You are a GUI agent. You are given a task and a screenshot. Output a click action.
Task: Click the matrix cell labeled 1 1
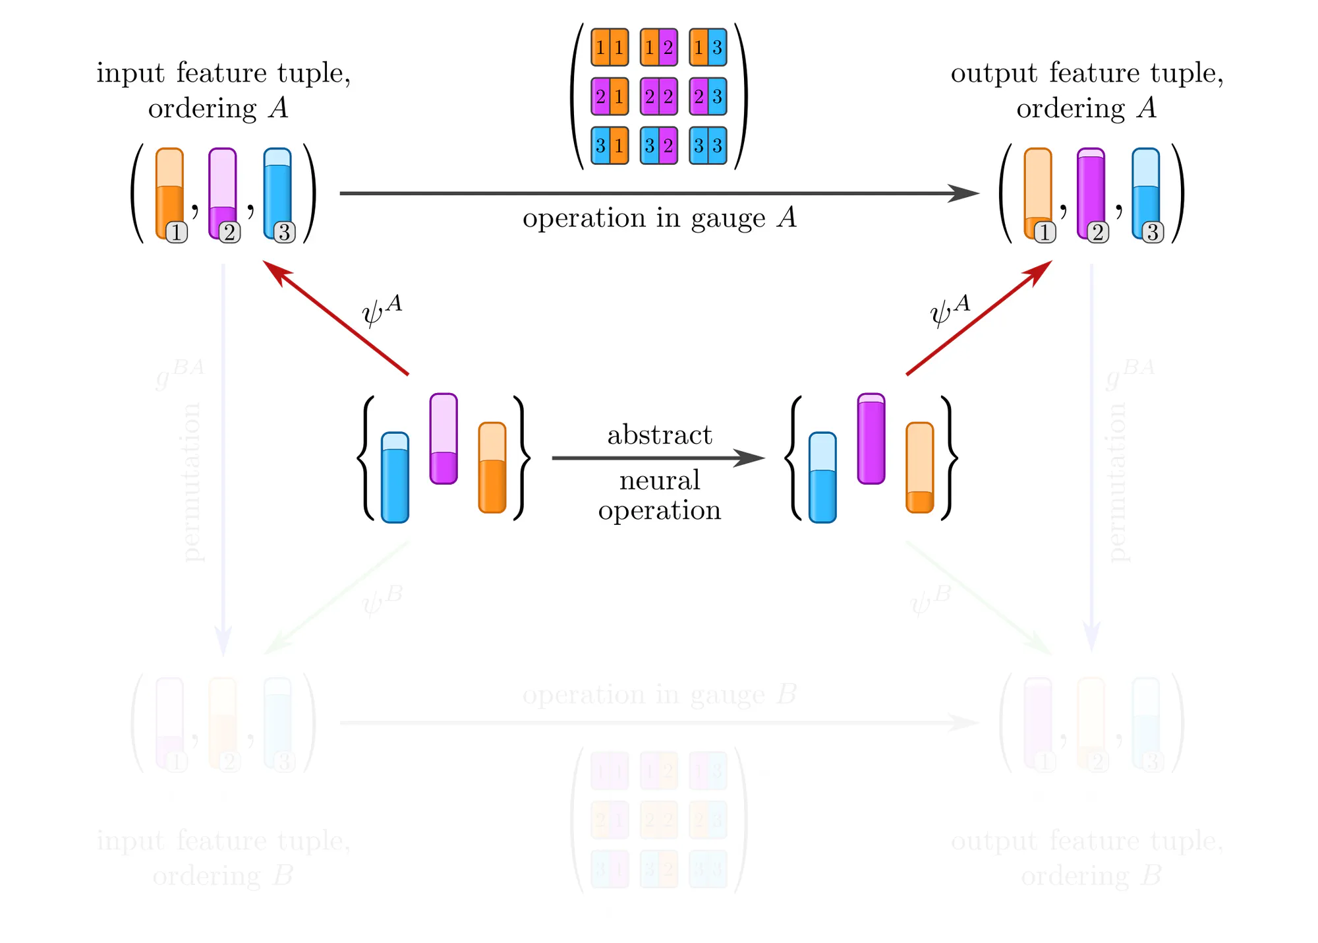(x=610, y=47)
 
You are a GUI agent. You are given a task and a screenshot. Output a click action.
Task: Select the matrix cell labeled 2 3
(x=708, y=96)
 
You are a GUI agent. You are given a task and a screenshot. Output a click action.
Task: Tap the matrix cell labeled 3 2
(x=658, y=146)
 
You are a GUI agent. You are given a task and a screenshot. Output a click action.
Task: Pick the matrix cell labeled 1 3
(x=708, y=47)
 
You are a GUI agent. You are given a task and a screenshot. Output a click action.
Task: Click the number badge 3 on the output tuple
(x=1153, y=233)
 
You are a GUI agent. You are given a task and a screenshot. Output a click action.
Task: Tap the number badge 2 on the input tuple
(x=229, y=233)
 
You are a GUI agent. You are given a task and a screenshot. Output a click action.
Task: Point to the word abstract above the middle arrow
(x=659, y=435)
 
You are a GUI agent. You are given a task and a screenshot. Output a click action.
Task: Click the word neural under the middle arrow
(x=659, y=481)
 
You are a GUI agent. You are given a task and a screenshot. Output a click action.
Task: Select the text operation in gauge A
(x=659, y=218)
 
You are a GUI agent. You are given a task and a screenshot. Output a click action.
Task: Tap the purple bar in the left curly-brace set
(x=444, y=439)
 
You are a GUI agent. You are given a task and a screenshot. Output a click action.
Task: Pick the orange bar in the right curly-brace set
(x=919, y=468)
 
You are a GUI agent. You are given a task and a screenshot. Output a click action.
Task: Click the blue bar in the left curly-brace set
(x=395, y=477)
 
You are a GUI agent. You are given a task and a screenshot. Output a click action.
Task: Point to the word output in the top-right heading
(x=994, y=73)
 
